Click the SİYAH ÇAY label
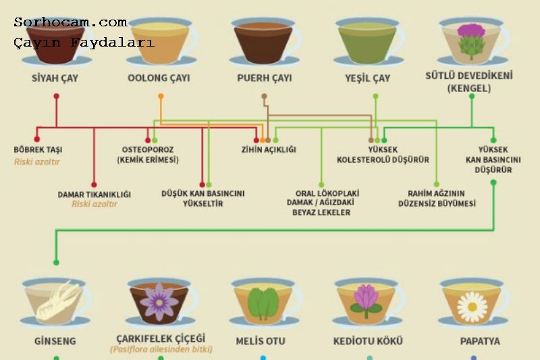tap(55, 78)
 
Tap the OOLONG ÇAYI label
tap(159, 78)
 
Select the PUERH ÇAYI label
tap(265, 78)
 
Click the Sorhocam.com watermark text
tap(70, 22)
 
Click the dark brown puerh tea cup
tap(263, 41)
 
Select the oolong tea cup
tap(160, 41)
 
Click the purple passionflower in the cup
tap(160, 301)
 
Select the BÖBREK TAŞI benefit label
tap(38, 149)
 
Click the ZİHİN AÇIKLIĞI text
tap(269, 149)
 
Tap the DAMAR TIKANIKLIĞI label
tap(94, 195)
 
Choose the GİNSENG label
tap(55, 341)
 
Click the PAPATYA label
tap(480, 341)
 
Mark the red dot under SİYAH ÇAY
tap(57, 97)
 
